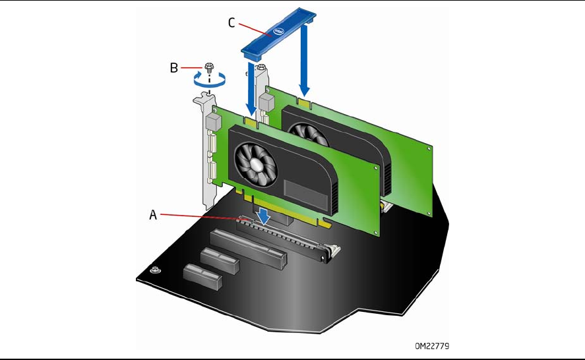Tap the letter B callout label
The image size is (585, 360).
pos(173,68)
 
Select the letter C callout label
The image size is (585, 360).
pos(231,22)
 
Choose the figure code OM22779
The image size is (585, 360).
pos(433,344)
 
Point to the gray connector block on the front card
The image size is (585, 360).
pos(214,122)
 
